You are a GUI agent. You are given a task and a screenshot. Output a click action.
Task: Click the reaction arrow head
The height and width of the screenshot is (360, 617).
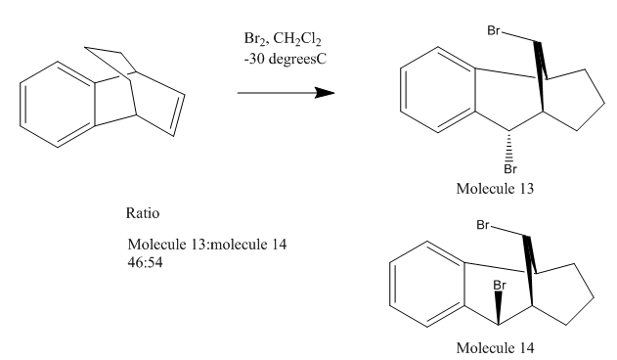[325, 93]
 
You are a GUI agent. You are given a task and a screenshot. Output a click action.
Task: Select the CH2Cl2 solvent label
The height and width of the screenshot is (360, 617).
[297, 39]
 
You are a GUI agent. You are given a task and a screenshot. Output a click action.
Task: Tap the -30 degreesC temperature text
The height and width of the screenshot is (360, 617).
[285, 59]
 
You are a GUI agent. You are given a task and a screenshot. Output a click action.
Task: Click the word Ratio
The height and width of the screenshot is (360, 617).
[143, 213]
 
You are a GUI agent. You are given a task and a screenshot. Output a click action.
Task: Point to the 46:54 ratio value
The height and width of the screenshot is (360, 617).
[145, 262]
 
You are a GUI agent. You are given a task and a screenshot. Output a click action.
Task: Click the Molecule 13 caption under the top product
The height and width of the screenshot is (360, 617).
[495, 189]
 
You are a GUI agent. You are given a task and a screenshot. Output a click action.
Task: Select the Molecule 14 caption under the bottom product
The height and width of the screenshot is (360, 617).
[496, 348]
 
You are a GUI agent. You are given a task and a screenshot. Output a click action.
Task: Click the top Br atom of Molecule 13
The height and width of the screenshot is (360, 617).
[494, 30]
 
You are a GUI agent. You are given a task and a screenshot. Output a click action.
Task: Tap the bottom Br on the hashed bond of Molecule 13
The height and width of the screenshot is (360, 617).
[510, 169]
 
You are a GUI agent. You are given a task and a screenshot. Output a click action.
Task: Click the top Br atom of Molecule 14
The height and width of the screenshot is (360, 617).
[483, 225]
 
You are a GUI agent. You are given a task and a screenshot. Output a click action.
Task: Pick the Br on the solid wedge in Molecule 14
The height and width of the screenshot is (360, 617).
[500, 286]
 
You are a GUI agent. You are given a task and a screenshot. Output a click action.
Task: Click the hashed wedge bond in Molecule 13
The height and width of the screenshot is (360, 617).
[509, 147]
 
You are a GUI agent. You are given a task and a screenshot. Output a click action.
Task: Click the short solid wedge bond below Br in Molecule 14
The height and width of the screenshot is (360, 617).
[499, 308]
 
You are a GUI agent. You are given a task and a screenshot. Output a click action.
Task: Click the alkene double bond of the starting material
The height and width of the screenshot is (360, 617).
[180, 114]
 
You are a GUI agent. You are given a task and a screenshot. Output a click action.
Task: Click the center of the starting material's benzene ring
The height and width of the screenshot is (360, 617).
[58, 105]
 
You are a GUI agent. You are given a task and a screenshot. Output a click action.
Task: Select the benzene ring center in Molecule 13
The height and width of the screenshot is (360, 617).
[438, 90]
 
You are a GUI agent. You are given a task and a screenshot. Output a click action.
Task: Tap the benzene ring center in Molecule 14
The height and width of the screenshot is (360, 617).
[427, 285]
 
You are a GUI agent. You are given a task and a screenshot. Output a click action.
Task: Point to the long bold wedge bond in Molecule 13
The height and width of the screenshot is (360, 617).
[540, 76]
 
